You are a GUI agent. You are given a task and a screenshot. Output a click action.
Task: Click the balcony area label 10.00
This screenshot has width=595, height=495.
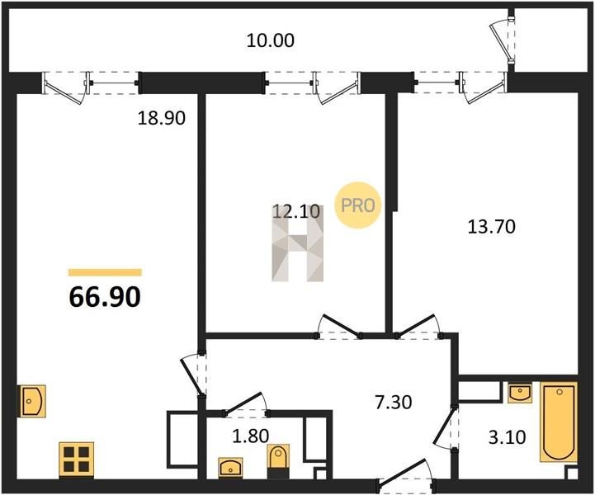(x=270, y=40)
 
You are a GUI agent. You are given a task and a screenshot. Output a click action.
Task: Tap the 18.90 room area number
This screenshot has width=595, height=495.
(x=161, y=118)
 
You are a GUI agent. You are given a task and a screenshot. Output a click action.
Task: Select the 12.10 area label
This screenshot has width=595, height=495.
(x=296, y=211)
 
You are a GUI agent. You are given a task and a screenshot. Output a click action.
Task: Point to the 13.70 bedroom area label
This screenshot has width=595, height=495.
(x=491, y=227)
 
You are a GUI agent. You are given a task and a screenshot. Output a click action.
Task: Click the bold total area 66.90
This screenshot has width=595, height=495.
(x=105, y=297)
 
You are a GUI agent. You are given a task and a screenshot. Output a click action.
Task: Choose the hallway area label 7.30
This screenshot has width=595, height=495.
(x=393, y=402)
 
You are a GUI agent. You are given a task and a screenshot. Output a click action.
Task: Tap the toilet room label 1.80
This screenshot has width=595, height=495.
(x=250, y=436)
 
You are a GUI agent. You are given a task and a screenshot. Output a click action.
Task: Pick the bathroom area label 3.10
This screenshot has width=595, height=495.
(x=507, y=437)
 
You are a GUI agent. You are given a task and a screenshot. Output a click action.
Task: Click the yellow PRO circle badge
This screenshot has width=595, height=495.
(x=357, y=205)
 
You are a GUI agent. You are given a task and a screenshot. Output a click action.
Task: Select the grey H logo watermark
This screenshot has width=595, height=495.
(x=298, y=243)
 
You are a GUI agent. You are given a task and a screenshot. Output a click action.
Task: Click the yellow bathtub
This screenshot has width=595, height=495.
(x=560, y=422)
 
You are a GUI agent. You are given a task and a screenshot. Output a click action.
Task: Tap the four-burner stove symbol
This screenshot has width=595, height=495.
(x=76, y=459)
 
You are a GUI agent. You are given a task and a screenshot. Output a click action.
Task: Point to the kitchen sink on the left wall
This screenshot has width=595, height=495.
(x=33, y=401)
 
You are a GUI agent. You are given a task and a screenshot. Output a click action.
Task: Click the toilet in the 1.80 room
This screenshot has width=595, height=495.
(x=279, y=456)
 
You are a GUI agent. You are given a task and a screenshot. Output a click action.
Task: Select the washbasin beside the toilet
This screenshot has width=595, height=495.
(x=231, y=467)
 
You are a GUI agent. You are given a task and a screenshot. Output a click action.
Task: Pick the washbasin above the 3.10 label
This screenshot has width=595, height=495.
(x=519, y=392)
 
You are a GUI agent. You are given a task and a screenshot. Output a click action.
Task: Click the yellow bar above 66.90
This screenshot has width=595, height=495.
(x=105, y=272)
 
